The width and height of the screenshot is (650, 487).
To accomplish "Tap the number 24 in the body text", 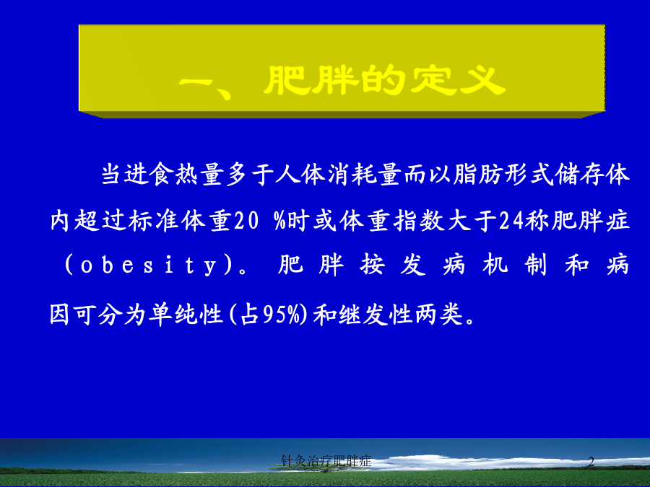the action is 511,220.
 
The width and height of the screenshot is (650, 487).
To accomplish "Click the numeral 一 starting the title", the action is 199,82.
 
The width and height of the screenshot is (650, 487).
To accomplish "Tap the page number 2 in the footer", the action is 591,461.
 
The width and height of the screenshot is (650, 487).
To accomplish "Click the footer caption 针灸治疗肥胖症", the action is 326,460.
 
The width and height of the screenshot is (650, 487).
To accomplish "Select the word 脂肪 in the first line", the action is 478,173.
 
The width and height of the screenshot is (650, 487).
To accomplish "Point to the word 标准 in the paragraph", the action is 153,220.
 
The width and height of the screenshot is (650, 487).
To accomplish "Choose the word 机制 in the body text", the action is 515,265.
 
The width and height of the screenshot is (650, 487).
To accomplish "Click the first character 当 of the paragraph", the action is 111,173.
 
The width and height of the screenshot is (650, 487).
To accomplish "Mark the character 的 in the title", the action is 382,80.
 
